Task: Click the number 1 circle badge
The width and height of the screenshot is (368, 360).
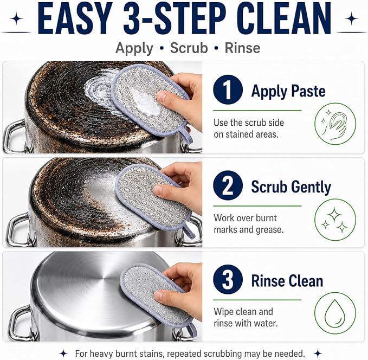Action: click(x=228, y=89)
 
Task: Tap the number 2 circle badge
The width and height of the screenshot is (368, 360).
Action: click(x=228, y=185)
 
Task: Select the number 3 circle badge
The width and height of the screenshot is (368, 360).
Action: click(x=228, y=279)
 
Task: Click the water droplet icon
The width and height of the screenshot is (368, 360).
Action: click(x=335, y=313)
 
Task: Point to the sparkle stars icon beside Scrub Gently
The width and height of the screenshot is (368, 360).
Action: click(x=335, y=220)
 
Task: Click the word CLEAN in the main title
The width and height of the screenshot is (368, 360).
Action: click(x=285, y=18)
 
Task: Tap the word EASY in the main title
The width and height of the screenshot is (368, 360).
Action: click(x=75, y=18)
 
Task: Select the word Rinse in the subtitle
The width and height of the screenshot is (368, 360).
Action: click(x=242, y=48)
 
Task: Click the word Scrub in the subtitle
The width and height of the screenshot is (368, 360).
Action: click(x=189, y=48)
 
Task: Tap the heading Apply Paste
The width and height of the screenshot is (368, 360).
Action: click(x=288, y=91)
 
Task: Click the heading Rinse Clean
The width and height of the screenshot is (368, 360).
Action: click(x=287, y=281)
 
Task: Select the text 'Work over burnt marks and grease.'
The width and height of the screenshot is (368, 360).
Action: click(x=249, y=224)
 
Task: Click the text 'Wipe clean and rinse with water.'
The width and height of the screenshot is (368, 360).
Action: click(x=246, y=318)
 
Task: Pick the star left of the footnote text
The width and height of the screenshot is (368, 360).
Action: click(x=63, y=353)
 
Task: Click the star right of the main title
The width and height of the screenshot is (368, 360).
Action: click(x=351, y=18)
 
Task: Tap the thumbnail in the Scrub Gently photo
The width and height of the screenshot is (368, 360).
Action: click(x=159, y=189)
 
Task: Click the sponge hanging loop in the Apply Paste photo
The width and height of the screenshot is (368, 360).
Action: click(x=187, y=136)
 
